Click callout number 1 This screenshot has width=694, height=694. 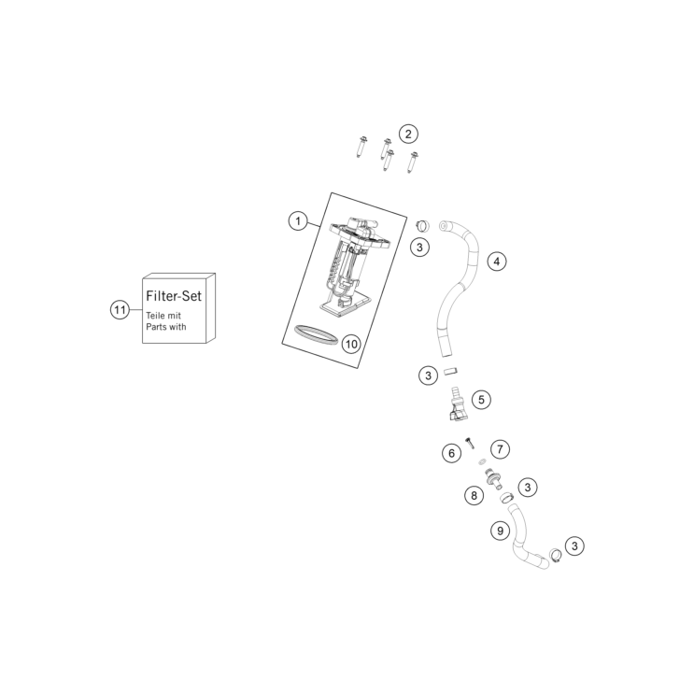coord(298,220)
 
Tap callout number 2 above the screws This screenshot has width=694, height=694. coord(408,134)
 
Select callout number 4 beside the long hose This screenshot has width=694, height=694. coord(497,262)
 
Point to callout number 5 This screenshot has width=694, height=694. coord(481,400)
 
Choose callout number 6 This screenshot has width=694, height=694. coord(451,453)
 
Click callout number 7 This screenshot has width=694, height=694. coord(500,449)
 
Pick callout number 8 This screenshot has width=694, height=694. coord(474,495)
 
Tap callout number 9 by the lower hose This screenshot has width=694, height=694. coord(500,531)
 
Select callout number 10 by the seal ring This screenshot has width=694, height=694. coord(351,344)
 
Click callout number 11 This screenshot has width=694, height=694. coord(120,309)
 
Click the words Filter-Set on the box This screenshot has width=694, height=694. coord(174,296)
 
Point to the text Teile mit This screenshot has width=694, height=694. coord(163,316)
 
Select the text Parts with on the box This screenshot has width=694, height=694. coord(166,327)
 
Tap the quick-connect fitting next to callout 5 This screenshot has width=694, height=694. coord(456,404)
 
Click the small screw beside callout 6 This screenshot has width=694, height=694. coord(470,442)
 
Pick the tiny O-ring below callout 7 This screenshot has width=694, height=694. coord(482,462)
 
